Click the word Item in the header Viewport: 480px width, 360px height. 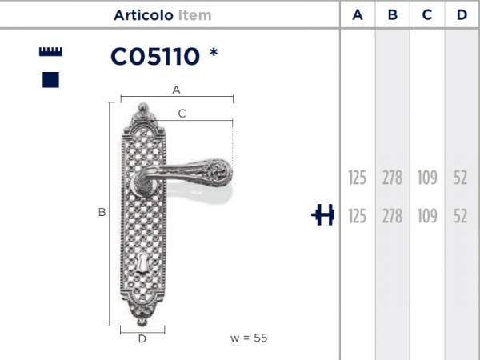coord(195,14)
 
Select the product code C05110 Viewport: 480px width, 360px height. coord(154,56)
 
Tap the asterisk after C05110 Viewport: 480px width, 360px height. coord(213,53)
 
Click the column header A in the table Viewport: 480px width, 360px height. coord(358,14)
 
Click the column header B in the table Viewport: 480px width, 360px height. coord(392,14)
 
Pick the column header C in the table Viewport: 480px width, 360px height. coord(426,14)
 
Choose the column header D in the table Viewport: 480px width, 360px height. coord(461,14)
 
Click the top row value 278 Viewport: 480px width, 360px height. coord(392,178)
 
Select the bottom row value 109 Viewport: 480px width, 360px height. coord(426,215)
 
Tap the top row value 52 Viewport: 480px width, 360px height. coord(460,178)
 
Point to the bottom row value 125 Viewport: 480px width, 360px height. coord(358,215)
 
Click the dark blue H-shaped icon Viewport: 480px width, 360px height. coord(323,215)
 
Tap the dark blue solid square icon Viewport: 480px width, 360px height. coord(51,79)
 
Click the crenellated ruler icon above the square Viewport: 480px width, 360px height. coord(51,52)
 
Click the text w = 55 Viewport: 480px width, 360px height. coord(249,338)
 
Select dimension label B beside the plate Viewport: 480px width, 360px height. coord(102,213)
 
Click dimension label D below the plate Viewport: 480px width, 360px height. coord(142,339)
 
